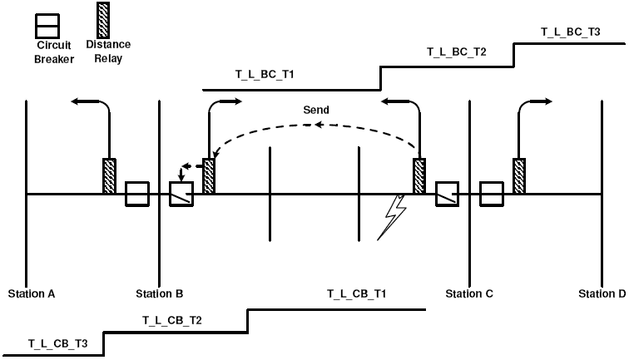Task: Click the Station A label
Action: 32,293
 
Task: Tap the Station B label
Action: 160,293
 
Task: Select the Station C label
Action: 469,293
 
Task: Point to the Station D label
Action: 603,293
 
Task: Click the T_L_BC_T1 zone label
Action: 265,75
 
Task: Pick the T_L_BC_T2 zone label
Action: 457,52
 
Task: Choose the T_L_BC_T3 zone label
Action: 571,32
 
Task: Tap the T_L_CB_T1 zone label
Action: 356,293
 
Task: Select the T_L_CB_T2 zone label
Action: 172,319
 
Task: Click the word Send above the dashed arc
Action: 316,110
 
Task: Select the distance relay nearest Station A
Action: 109,176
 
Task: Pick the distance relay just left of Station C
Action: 420,176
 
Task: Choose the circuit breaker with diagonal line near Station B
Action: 181,195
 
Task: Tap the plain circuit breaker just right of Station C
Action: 492,195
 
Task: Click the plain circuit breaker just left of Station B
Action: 136,195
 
